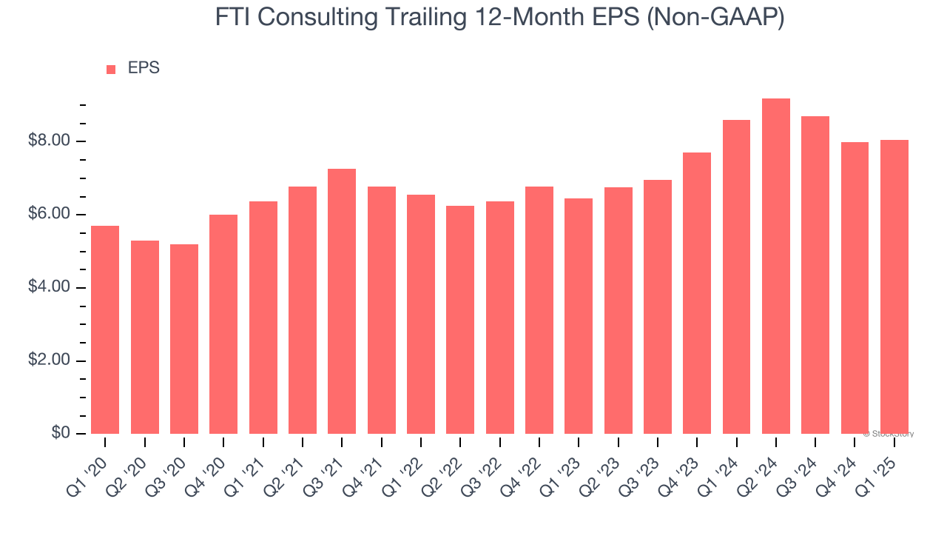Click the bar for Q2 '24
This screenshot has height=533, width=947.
coord(776,266)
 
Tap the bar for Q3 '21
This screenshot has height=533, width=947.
coord(342,301)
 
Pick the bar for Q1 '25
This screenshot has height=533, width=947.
coord(894,287)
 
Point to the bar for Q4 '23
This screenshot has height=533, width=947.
coord(697,293)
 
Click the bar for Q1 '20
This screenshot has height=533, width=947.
coord(105,330)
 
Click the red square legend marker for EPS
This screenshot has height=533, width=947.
coord(111,70)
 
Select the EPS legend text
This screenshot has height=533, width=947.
coord(144,68)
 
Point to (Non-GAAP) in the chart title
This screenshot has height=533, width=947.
coord(716,18)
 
